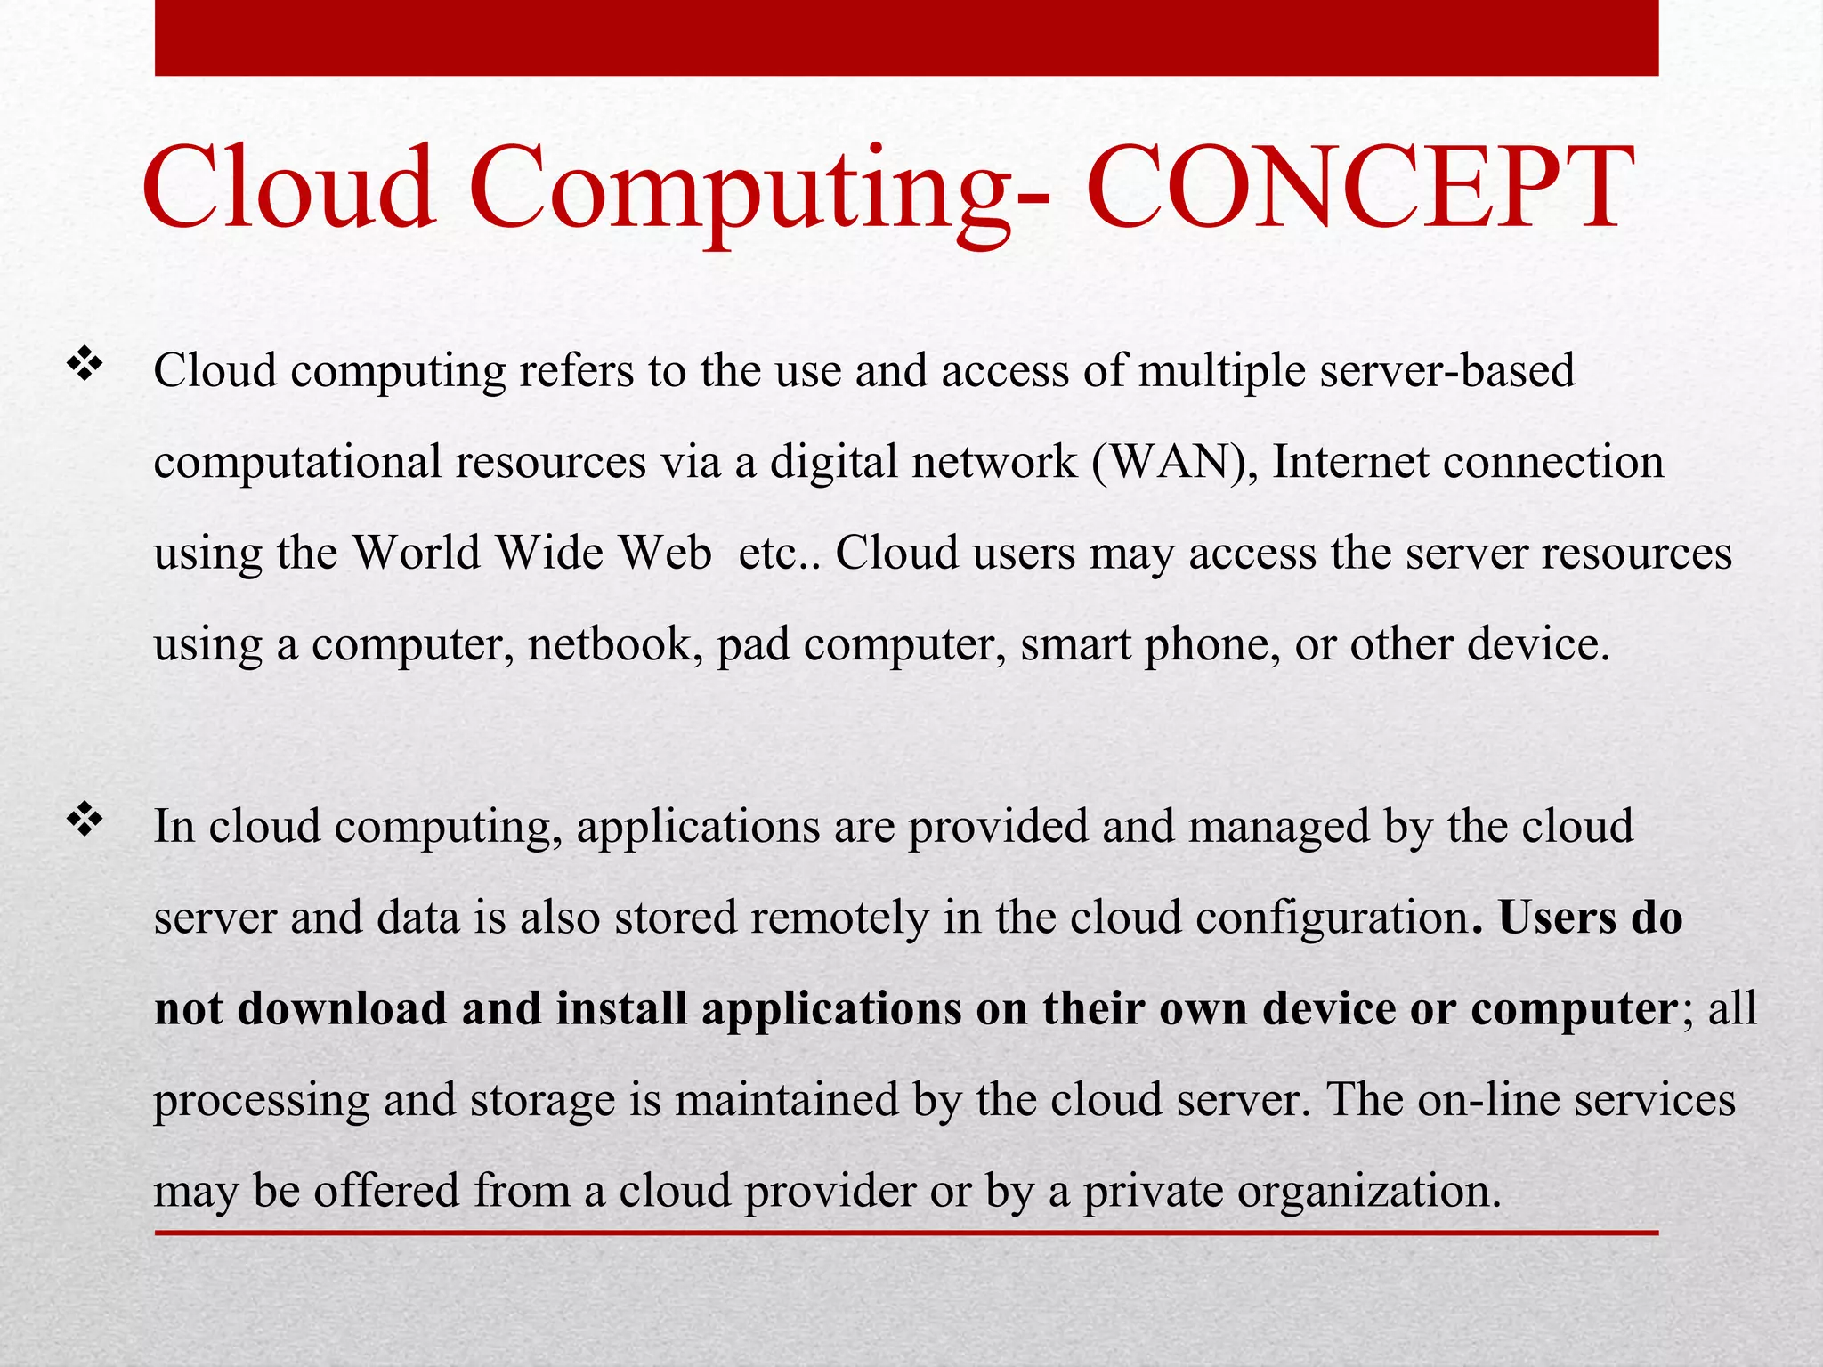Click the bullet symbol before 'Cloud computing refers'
click(85, 365)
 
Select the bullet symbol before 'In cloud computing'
click(85, 821)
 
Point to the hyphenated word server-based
click(1447, 370)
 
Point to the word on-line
click(1489, 1100)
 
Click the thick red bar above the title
click(906, 37)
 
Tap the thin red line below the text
click(906, 1233)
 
